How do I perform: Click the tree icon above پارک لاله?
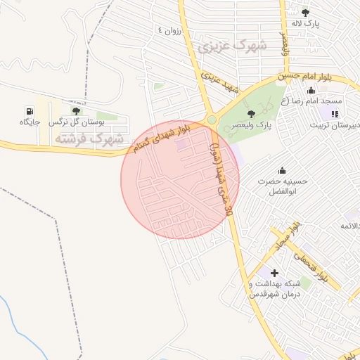point(305,12)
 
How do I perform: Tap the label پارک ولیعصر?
point(253,126)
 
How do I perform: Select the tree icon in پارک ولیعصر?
point(252,114)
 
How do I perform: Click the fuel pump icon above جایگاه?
point(29,111)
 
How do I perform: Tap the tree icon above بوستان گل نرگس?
point(76,111)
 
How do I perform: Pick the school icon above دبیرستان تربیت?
point(335,113)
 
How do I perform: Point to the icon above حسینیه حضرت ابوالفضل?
point(282,170)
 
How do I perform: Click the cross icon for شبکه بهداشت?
point(274,272)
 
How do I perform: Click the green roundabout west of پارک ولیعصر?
point(212,120)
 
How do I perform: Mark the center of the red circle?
point(180,179)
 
